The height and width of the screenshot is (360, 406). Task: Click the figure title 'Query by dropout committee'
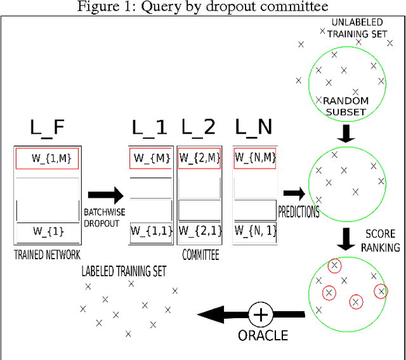coord(203,7)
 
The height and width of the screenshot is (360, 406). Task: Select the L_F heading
coord(48,129)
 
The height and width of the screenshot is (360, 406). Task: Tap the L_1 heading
coord(150,129)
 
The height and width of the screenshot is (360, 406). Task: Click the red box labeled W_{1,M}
coord(47,159)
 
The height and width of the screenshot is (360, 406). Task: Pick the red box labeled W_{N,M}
coord(254,158)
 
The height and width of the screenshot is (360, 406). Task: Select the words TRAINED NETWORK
coord(46,255)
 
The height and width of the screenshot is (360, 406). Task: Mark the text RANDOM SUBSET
coord(346,106)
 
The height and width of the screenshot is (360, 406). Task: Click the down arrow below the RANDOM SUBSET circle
coord(346,134)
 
